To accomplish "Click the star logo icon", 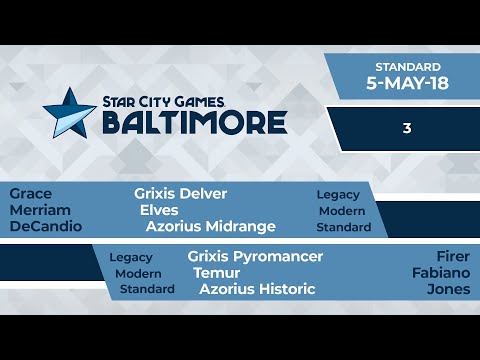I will click(x=74, y=110).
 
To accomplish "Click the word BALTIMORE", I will click(x=195, y=122).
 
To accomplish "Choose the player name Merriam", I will click(x=40, y=210).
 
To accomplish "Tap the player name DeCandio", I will click(x=44, y=227).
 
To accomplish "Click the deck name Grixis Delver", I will click(x=181, y=193).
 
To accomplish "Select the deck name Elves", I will click(x=160, y=210).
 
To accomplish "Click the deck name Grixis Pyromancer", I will click(x=255, y=256).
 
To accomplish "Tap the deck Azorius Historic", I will click(x=257, y=289).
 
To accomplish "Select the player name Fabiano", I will click(x=440, y=272).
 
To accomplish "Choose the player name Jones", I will click(x=448, y=289).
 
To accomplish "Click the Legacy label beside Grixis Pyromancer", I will click(x=131, y=257).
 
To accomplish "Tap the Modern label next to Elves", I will click(x=342, y=211).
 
